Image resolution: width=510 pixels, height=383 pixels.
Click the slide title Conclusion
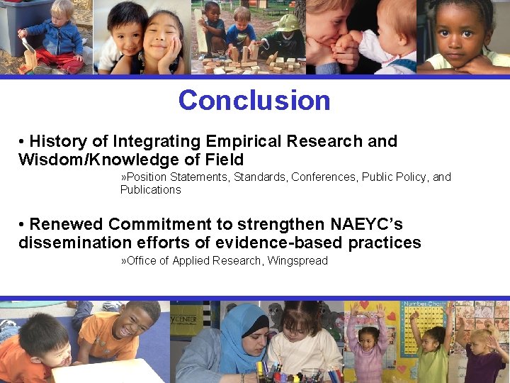(x=254, y=100)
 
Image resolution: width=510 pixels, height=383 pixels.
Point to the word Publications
(x=150, y=189)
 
